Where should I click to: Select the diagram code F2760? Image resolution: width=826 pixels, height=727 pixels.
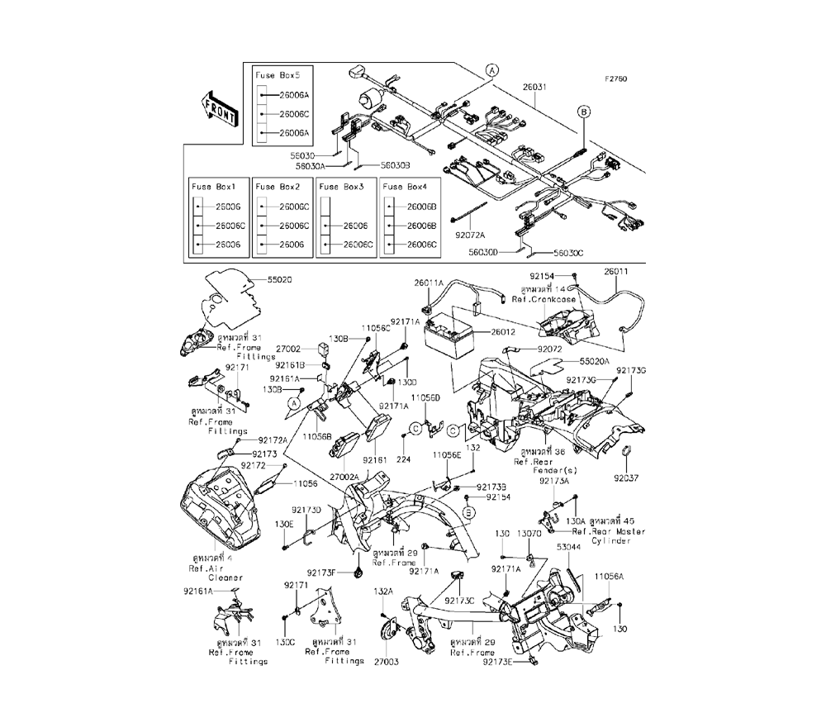(x=615, y=80)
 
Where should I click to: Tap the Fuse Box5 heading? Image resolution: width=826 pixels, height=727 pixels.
(x=272, y=75)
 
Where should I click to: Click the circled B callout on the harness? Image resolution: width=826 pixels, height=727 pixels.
(x=583, y=112)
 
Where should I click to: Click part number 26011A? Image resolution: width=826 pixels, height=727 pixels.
(x=430, y=283)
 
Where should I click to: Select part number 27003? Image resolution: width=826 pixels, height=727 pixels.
(x=386, y=662)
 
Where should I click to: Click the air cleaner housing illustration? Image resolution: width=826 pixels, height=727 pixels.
(x=216, y=508)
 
